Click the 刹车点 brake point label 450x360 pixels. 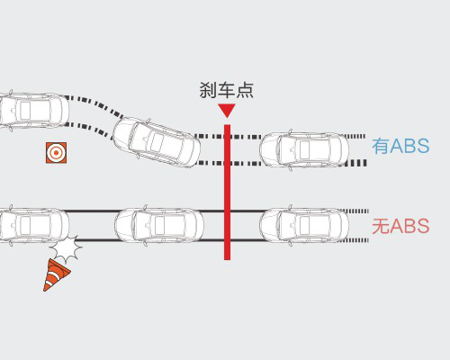pos(227,90)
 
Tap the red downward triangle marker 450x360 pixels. pos(227,111)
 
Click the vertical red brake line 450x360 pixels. pos(228,192)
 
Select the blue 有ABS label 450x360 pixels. pos(400,146)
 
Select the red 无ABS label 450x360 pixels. pos(400,226)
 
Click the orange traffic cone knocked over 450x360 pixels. pos(56,275)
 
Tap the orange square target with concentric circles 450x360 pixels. pos(56,153)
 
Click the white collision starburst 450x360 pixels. pos(66,248)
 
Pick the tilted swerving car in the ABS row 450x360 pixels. pos(157,142)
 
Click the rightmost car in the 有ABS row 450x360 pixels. pos(304,149)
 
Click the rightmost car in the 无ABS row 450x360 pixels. pos(304,225)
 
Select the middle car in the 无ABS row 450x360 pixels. pos(159,225)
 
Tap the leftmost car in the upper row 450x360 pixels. pos(33,111)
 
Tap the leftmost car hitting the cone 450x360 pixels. pos(33,225)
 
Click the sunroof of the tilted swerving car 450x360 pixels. pos(157,141)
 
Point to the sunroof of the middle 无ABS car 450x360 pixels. pos(159,225)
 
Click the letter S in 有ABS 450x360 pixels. pos(422,146)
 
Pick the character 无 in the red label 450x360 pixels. pos(381,226)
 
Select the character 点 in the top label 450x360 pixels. pos(245,90)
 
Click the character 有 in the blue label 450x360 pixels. pos(381,146)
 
